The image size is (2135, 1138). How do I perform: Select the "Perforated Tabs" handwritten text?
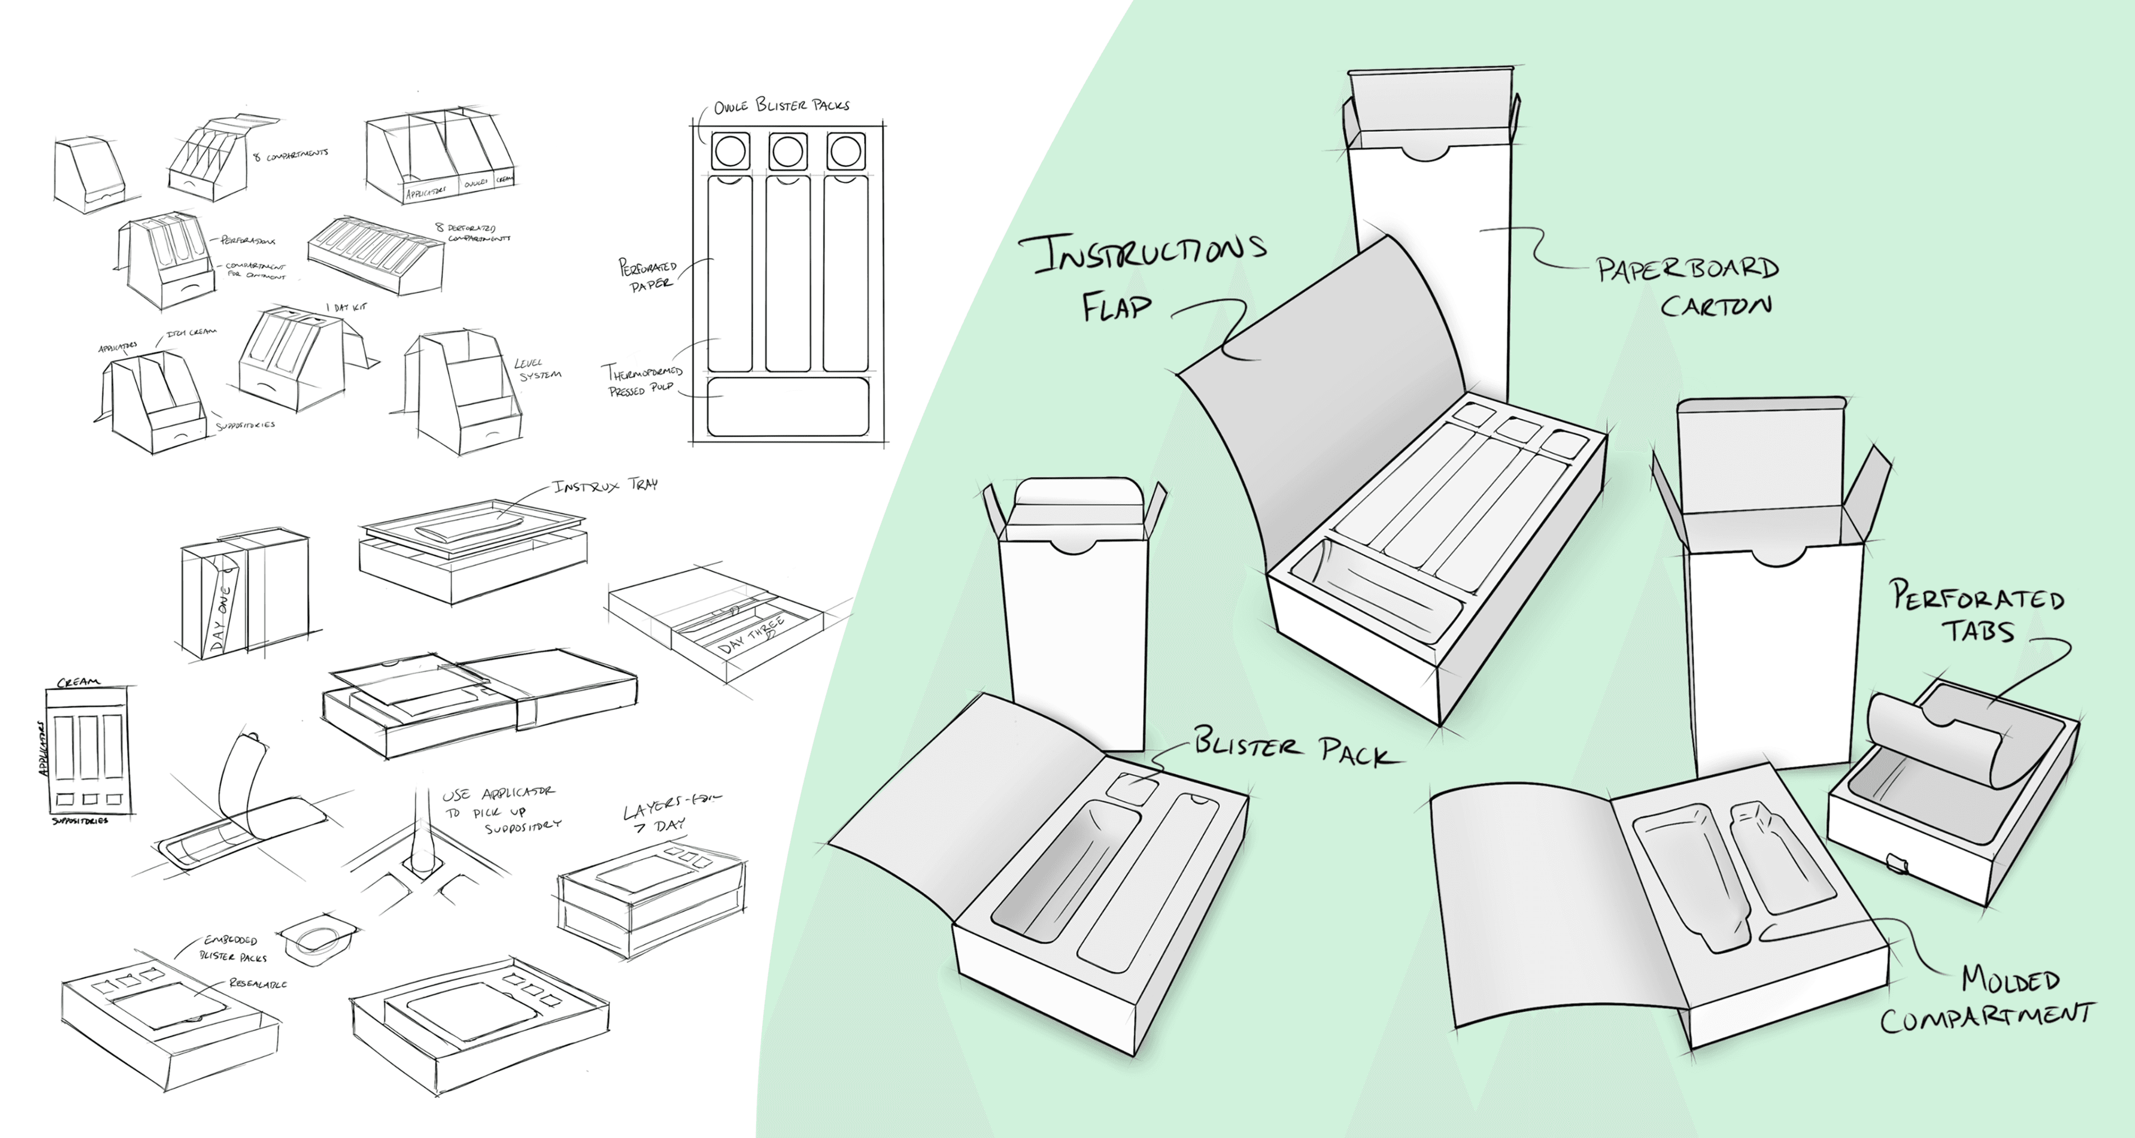[x=1977, y=613]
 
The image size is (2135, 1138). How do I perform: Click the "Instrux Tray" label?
[x=605, y=485]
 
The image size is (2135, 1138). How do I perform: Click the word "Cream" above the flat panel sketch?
[x=79, y=682]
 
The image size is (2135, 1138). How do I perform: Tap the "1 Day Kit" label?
[x=346, y=308]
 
